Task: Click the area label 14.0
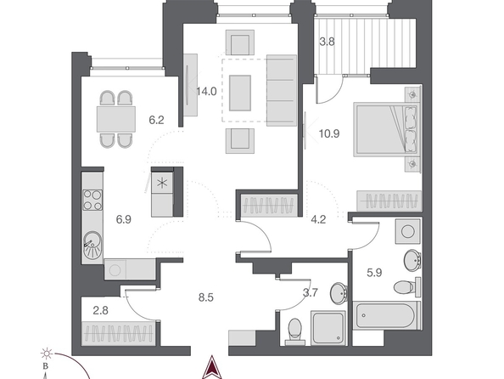pos(206,92)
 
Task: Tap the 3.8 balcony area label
pos(327,42)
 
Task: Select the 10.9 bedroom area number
pos(329,133)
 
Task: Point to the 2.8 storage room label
pos(100,311)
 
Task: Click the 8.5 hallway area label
pos(205,297)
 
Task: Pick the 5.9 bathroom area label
pos(374,273)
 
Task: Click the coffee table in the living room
pos(240,93)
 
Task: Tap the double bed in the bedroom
pos(386,129)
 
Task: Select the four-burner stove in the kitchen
pos(92,200)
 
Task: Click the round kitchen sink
pos(92,244)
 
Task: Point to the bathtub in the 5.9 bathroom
pos(386,315)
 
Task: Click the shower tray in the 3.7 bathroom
pos(328,328)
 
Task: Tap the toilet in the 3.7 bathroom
pos(294,331)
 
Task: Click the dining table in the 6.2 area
pos(116,119)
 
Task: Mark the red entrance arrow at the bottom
pos(212,367)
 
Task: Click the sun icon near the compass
pos(47,354)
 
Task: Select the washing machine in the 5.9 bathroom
pos(407,231)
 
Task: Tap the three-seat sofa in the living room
pos(282,90)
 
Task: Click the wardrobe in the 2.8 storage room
pos(118,333)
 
